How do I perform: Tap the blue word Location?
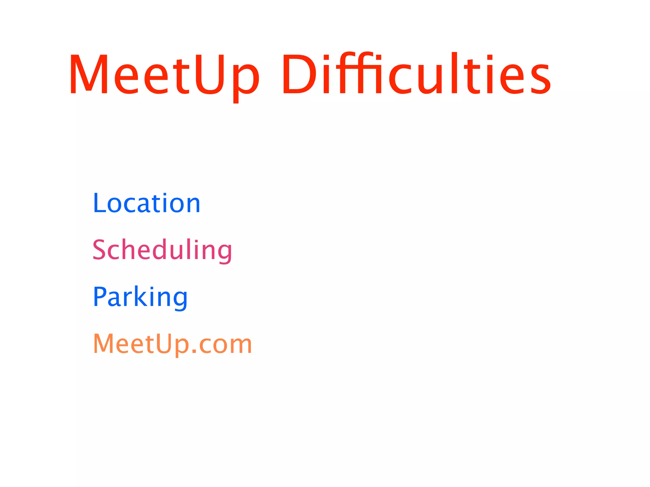tap(147, 203)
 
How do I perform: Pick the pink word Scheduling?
tap(162, 250)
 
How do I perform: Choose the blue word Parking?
tap(140, 297)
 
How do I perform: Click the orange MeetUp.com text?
tap(172, 344)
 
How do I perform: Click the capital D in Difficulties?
tap(300, 75)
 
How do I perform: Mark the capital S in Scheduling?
tap(99, 250)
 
